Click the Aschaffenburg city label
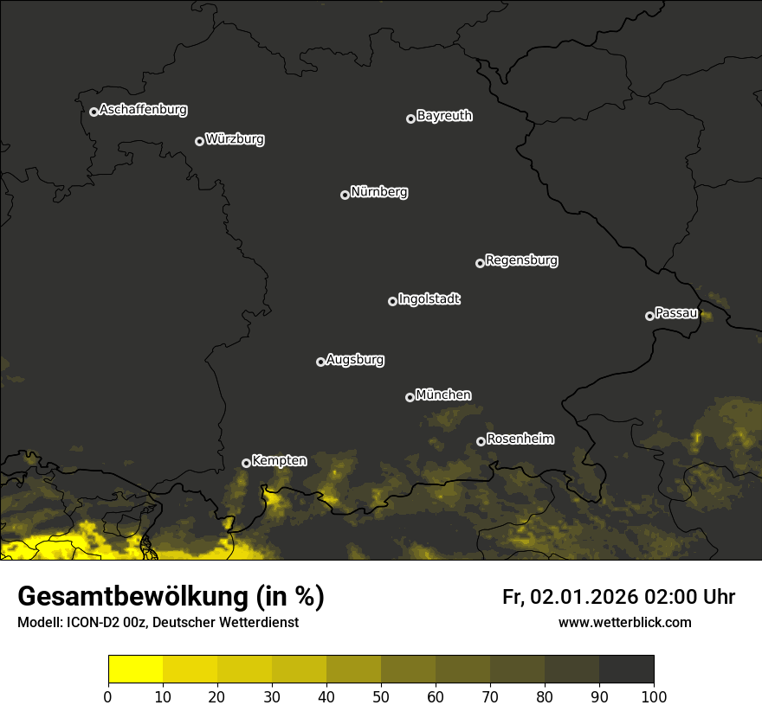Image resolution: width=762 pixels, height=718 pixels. click(x=143, y=110)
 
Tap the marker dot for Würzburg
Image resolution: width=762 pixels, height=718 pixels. click(x=199, y=141)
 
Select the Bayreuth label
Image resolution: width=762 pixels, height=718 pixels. click(x=444, y=116)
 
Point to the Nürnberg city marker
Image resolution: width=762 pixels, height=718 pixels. click(x=345, y=195)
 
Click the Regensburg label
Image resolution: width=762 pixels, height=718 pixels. click(x=521, y=260)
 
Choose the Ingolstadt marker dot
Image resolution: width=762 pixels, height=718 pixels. click(x=392, y=301)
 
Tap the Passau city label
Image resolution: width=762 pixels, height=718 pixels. click(x=676, y=313)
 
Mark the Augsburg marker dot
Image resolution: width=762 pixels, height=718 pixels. click(x=320, y=362)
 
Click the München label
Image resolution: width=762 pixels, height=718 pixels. click(x=443, y=394)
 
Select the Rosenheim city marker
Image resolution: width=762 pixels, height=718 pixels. click(x=481, y=442)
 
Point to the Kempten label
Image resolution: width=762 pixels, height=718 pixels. click(x=279, y=460)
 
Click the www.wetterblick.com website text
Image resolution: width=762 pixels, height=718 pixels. click(x=624, y=622)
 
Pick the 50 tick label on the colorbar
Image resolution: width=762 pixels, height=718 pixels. click(x=381, y=696)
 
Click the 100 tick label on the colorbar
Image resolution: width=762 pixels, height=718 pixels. click(x=654, y=696)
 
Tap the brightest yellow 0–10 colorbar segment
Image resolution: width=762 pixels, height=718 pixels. click(x=135, y=670)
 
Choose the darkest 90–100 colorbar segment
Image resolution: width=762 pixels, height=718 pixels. click(x=626, y=670)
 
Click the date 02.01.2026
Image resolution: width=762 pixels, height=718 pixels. click(x=584, y=597)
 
